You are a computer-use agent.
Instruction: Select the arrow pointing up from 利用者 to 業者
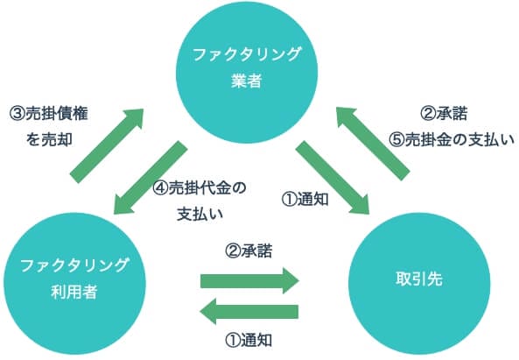point(107,144)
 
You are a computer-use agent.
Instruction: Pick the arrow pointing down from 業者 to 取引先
point(332,175)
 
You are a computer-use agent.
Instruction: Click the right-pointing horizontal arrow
point(249,280)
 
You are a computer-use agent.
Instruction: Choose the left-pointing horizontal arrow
point(249,310)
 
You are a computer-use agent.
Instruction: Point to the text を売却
point(51,139)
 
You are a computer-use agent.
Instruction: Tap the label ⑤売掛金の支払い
point(452,138)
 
